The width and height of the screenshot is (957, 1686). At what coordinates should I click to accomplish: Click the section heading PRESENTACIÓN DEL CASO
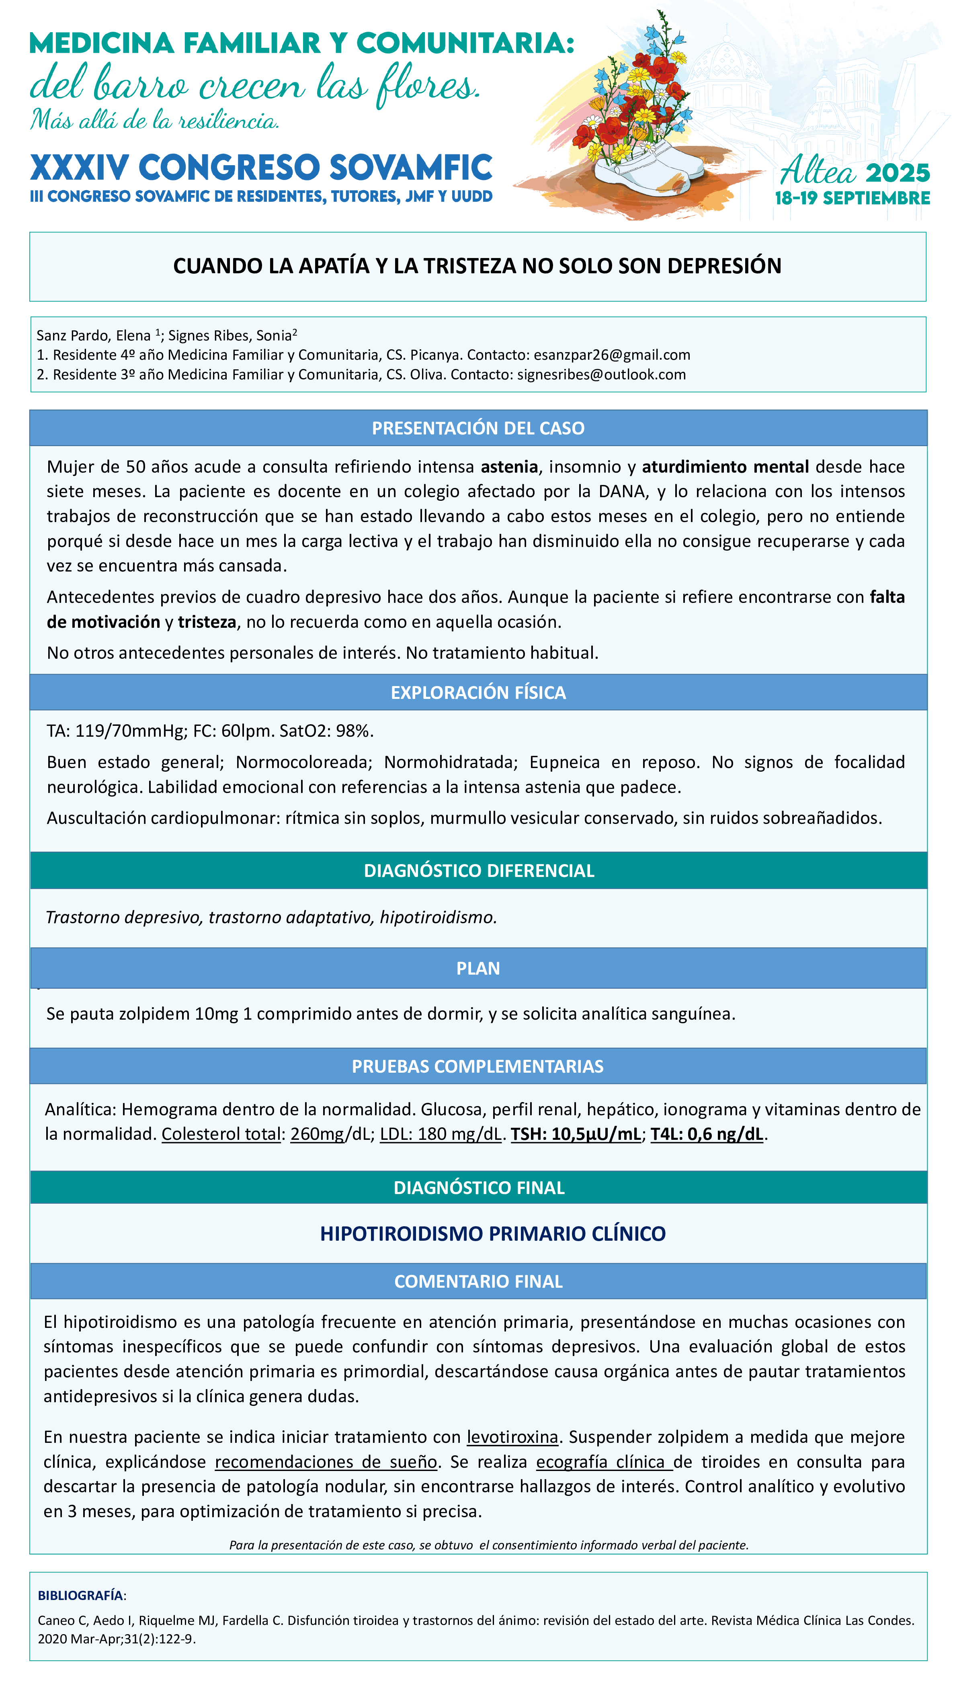click(x=478, y=428)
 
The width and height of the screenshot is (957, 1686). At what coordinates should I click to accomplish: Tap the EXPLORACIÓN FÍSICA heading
click(x=478, y=692)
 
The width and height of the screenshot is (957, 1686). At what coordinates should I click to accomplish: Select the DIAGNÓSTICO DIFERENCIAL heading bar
click(x=478, y=870)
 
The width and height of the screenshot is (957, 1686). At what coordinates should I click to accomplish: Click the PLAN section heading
click(x=478, y=968)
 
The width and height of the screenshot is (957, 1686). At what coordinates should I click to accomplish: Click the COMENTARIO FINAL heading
click(x=478, y=1280)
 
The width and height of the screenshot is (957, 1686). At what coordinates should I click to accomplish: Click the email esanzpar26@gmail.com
click(x=611, y=355)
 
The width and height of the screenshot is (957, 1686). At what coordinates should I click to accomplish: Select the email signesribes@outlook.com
click(x=601, y=375)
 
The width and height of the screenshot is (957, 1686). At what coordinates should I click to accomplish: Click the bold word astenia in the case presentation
click(x=509, y=467)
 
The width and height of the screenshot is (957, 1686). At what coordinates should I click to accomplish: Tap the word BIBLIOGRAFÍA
click(x=80, y=1595)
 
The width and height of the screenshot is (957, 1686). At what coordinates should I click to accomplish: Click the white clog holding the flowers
click(x=641, y=171)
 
